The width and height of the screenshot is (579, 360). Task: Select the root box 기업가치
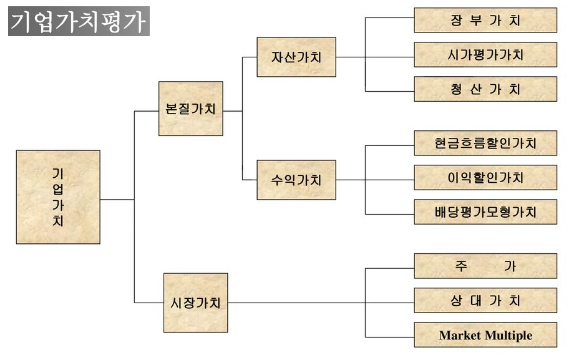click(58, 197)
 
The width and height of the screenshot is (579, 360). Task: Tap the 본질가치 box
click(190, 109)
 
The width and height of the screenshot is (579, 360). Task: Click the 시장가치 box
click(195, 303)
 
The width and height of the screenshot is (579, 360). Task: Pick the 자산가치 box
click(296, 57)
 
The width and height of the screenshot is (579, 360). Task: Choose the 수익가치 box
click(296, 180)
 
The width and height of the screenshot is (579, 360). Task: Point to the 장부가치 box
click(485, 20)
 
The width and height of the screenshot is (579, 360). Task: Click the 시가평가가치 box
click(485, 55)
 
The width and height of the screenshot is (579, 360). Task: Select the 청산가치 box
click(485, 89)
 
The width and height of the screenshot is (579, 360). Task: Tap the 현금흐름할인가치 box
click(485, 143)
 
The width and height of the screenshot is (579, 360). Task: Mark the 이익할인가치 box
click(485, 178)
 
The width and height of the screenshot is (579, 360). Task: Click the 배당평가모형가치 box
click(485, 212)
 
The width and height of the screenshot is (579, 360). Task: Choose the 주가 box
click(485, 266)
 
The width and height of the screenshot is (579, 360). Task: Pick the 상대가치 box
click(485, 301)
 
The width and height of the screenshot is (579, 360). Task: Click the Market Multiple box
click(485, 335)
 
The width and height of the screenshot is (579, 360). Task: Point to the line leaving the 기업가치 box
click(117, 200)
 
